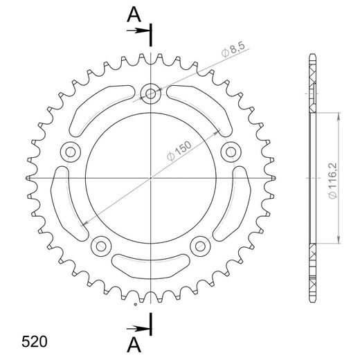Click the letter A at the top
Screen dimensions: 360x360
[133, 13]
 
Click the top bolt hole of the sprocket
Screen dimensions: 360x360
[150, 92]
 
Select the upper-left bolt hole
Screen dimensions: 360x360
[69, 151]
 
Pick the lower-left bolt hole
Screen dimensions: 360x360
[100, 245]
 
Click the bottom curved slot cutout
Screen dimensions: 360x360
[150, 264]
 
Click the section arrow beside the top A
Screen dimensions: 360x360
[140, 31]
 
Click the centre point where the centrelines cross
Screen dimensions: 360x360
[150, 179]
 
